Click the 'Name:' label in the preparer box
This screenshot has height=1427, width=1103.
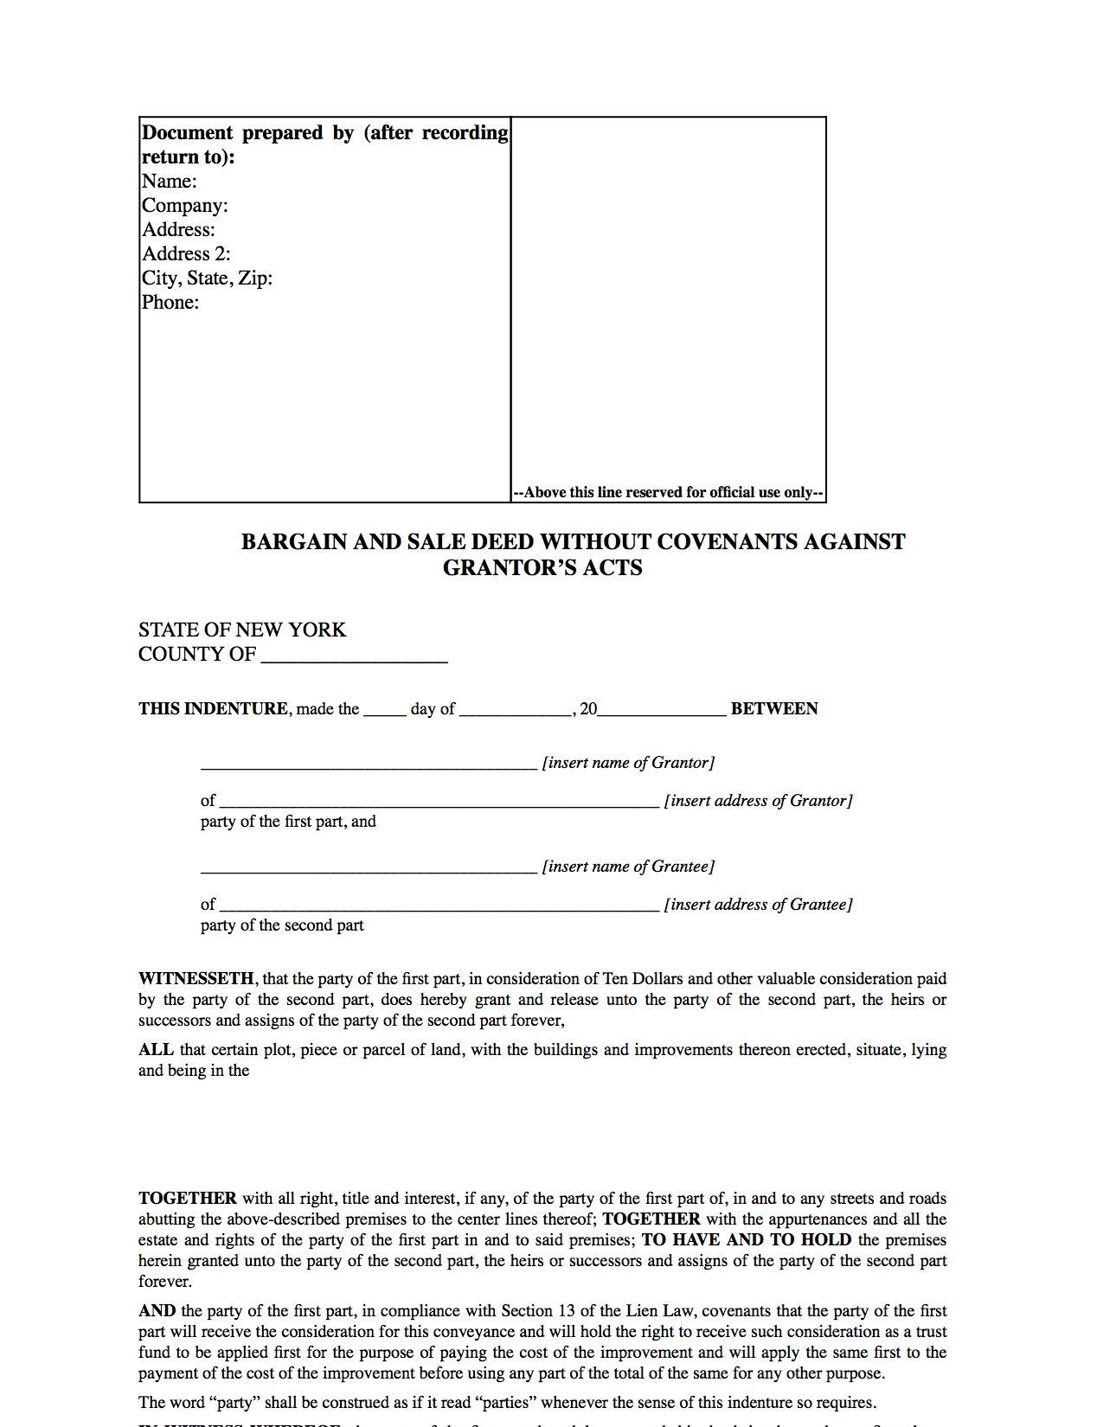(x=170, y=182)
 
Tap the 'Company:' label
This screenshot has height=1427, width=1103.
(x=185, y=206)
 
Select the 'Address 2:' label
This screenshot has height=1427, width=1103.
(x=186, y=254)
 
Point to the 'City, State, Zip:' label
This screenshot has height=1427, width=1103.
(x=208, y=278)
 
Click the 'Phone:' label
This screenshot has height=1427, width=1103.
(x=170, y=303)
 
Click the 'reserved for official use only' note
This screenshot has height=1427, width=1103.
(x=669, y=493)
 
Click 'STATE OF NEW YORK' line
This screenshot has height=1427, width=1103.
(x=242, y=630)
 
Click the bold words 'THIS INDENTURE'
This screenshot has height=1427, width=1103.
(x=214, y=709)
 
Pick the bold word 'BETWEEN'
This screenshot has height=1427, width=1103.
(x=774, y=709)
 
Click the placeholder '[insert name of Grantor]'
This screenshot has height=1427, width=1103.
(x=628, y=763)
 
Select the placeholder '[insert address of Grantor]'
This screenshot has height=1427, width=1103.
(x=758, y=801)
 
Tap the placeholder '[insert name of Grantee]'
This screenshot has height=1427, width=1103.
(x=628, y=867)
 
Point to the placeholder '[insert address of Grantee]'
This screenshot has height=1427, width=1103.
(x=758, y=905)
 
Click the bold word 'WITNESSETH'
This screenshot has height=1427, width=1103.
(x=196, y=979)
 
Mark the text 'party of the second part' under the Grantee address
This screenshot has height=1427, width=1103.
(x=282, y=925)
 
